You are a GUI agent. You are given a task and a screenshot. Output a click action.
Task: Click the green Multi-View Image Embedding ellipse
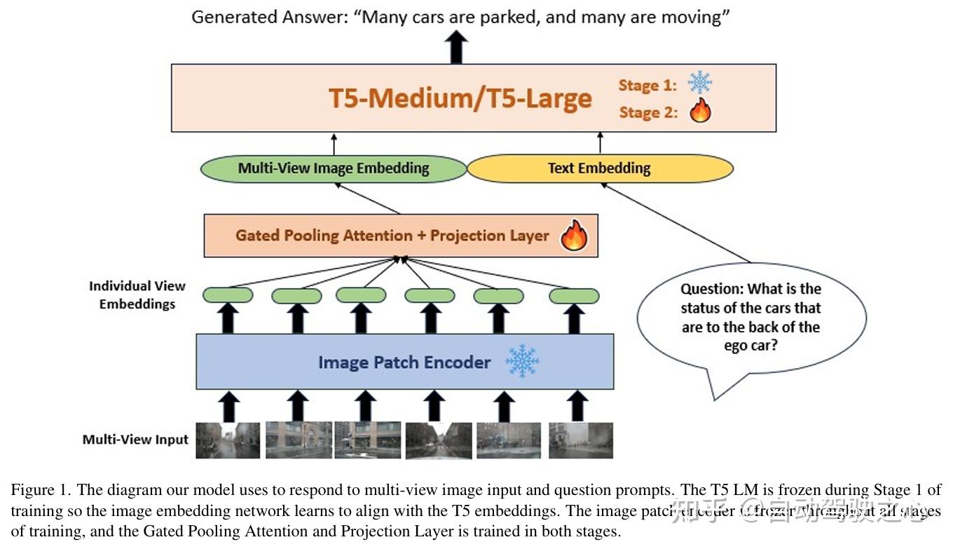[x=334, y=168]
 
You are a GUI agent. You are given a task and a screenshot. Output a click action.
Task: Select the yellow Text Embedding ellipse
[x=599, y=168]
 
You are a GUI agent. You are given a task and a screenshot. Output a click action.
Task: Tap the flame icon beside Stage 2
[x=699, y=111]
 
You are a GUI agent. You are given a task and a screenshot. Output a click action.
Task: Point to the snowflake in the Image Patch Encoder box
[x=522, y=361]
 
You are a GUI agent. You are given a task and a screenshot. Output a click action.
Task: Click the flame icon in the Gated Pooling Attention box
[x=573, y=236]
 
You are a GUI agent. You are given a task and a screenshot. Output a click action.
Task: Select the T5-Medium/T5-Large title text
[x=460, y=98]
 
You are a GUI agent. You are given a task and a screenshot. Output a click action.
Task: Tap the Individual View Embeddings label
[x=137, y=295]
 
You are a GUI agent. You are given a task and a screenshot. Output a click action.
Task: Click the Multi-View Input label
[x=135, y=440]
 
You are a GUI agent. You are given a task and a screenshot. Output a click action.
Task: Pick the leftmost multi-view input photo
[x=228, y=440]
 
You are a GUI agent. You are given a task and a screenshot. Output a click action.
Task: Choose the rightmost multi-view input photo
[x=581, y=440]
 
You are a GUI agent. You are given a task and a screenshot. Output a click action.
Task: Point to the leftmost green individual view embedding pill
[x=228, y=296]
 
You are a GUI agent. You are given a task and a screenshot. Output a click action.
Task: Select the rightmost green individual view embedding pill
[x=574, y=296]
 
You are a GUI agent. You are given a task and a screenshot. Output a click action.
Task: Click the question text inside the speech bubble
[x=750, y=317]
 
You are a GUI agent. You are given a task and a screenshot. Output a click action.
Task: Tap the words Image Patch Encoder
[x=404, y=362]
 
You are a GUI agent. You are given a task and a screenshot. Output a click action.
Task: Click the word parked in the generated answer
[x=509, y=17]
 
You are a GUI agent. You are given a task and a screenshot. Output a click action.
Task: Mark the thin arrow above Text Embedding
[x=600, y=143]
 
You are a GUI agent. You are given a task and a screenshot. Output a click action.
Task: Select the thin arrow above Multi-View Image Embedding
[x=334, y=143]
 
